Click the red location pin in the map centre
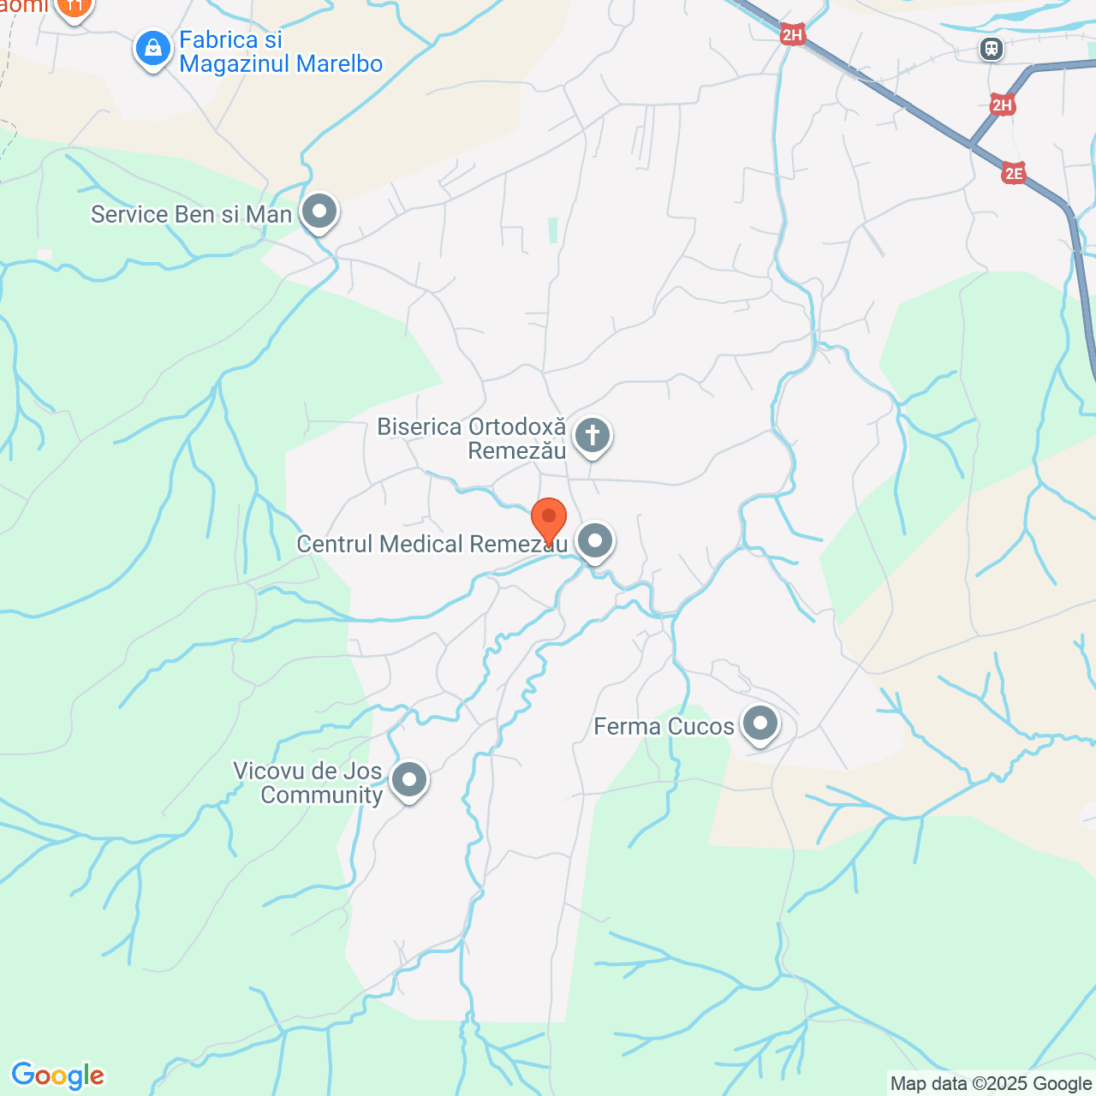(549, 519)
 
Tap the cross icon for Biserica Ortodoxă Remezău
(592, 435)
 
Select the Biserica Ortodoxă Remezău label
(472, 438)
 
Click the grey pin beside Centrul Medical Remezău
(594, 541)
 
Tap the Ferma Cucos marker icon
(759, 724)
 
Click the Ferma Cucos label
(664, 727)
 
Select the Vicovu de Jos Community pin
(409, 780)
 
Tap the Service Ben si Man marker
(320, 211)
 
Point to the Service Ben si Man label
(192, 214)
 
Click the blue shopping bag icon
(153, 49)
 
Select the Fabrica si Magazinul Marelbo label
(281, 52)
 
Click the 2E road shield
(1014, 174)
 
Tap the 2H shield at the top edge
(793, 35)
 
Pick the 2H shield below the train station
(1002, 105)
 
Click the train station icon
(992, 49)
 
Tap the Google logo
(58, 1075)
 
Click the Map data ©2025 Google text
(991, 1084)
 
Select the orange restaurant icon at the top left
(74, 8)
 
